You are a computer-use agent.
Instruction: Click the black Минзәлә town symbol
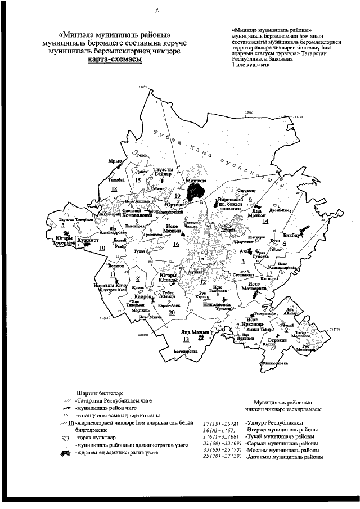pos(197,193)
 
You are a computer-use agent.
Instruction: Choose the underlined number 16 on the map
pos(175,244)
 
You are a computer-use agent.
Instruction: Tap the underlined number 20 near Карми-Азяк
pos(156,313)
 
